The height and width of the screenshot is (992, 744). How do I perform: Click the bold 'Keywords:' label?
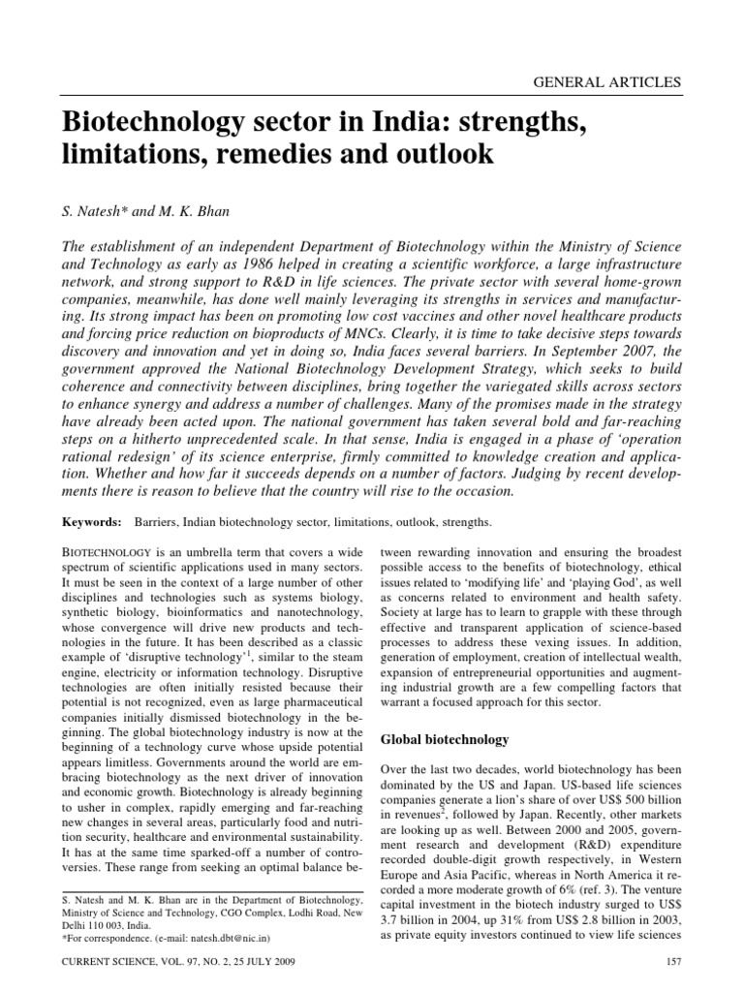92,522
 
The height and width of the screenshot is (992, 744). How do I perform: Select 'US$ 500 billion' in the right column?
620,801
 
